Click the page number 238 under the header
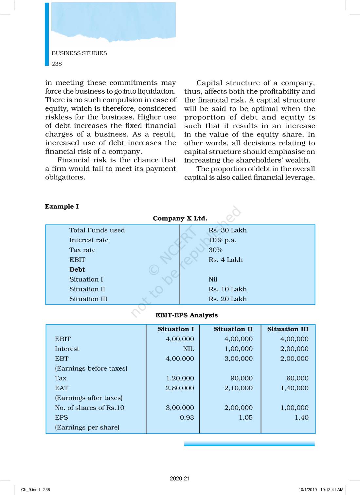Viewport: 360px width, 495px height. [x=57, y=64]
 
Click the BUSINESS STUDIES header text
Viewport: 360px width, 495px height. [x=79, y=53]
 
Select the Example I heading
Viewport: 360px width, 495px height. [x=62, y=207]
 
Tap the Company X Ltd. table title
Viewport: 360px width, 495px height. [x=180, y=218]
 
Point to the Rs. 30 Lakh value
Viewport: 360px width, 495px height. [x=227, y=230]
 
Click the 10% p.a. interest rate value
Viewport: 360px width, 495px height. [x=222, y=240]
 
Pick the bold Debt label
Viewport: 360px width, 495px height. [x=77, y=269]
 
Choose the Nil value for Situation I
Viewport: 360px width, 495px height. [x=213, y=279]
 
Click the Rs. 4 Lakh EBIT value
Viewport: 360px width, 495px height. [x=225, y=260]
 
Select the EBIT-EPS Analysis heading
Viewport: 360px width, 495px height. [x=187, y=315]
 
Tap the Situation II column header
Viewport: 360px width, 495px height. [x=233, y=329]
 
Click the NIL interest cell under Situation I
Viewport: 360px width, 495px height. [x=188, y=349]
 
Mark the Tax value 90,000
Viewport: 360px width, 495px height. [x=241, y=378]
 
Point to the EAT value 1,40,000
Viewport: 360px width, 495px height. [x=294, y=388]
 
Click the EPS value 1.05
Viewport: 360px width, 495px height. [x=245, y=417]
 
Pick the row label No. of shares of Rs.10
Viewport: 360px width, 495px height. [x=89, y=408]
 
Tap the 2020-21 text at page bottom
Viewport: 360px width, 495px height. [x=180, y=478]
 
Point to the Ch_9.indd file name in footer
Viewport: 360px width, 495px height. [x=30, y=490]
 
